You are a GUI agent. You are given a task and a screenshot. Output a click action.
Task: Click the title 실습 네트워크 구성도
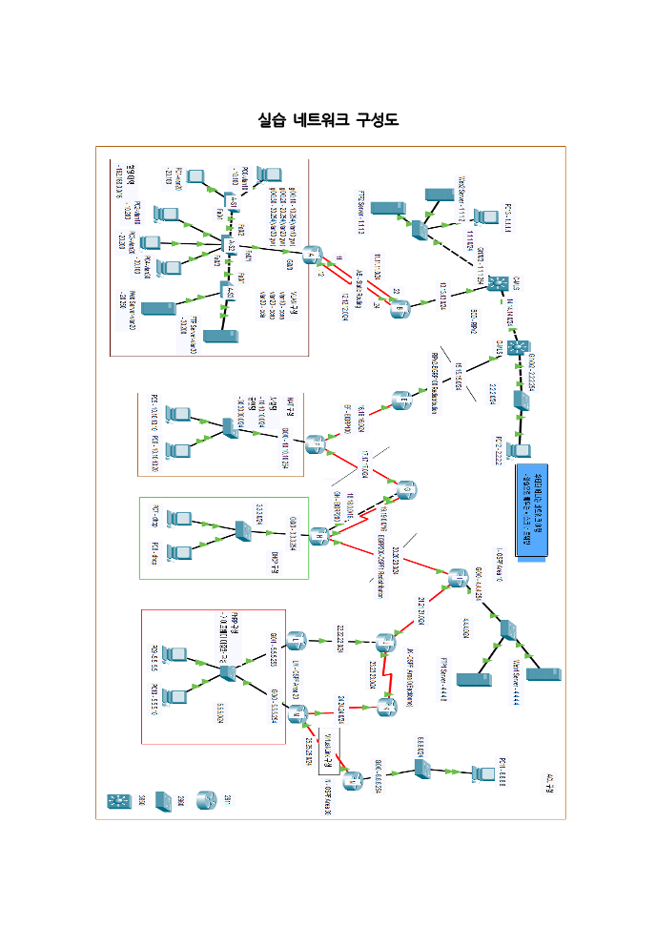(x=328, y=120)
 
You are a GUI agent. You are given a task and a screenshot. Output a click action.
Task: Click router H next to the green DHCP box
(x=320, y=534)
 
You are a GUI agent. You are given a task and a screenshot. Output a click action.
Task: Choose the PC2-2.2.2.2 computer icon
(x=521, y=451)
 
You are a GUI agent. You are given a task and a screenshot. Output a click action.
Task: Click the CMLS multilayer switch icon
(x=495, y=285)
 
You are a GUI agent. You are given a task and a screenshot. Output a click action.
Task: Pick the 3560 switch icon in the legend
(x=121, y=799)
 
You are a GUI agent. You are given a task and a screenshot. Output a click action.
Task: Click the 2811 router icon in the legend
(x=206, y=799)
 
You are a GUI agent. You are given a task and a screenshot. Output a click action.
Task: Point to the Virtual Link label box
(x=324, y=745)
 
